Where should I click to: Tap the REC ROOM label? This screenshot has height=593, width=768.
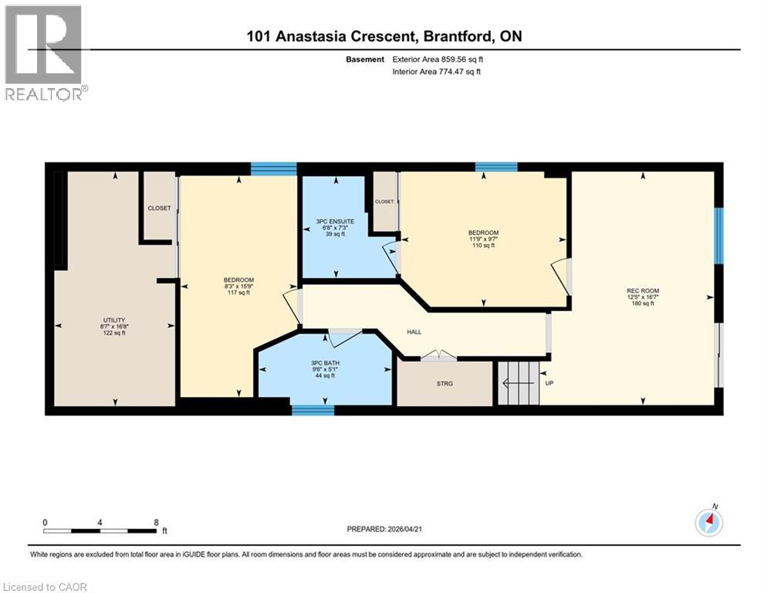point(641,290)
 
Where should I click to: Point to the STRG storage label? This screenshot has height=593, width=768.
point(445,383)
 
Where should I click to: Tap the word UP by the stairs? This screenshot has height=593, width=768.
point(550,383)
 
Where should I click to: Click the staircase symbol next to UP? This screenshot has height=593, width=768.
point(516,382)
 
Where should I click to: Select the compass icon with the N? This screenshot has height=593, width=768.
point(709,523)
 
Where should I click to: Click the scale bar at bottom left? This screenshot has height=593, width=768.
point(100,530)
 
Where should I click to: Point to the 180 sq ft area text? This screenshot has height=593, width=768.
point(642,303)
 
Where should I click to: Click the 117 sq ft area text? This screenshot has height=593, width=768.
point(239,293)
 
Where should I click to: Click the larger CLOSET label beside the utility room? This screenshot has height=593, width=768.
point(160,208)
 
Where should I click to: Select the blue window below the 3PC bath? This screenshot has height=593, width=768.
point(313,410)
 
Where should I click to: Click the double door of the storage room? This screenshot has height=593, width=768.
point(438,356)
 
